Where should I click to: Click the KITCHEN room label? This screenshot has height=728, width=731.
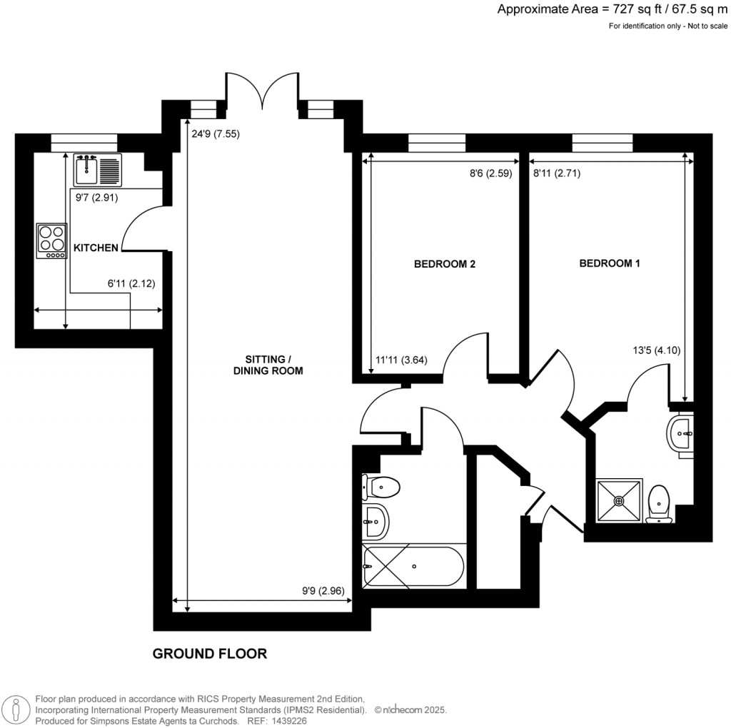[x=96, y=248]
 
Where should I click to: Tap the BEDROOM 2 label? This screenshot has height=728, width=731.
[x=445, y=264]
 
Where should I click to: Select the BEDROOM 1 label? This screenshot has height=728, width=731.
[x=609, y=263]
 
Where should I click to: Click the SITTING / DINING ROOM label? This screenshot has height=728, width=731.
[x=268, y=365]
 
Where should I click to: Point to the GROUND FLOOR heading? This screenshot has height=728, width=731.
[x=210, y=654]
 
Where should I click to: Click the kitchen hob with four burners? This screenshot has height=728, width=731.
[x=52, y=241]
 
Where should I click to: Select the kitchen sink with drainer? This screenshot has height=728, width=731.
[x=98, y=170]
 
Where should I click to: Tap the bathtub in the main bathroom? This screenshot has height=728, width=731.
[x=413, y=566]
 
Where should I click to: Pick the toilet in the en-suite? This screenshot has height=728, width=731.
[x=658, y=504]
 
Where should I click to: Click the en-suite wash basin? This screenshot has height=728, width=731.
[x=680, y=431]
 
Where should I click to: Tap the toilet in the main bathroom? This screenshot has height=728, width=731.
[x=380, y=487]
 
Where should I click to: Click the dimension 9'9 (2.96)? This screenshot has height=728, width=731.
[x=322, y=591]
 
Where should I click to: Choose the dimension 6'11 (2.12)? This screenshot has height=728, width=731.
[x=131, y=283]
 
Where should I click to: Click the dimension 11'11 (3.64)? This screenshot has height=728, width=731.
[x=401, y=360]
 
